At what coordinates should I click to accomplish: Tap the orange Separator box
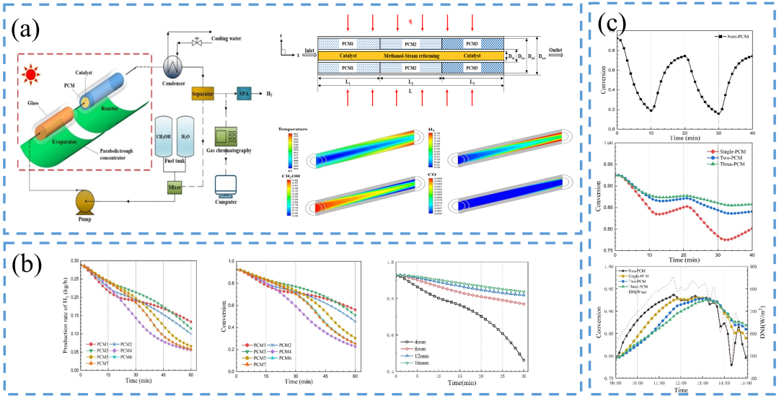[x=204, y=94]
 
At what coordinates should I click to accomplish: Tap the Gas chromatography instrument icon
[x=231, y=137]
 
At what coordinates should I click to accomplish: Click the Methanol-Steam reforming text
[x=410, y=54]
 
